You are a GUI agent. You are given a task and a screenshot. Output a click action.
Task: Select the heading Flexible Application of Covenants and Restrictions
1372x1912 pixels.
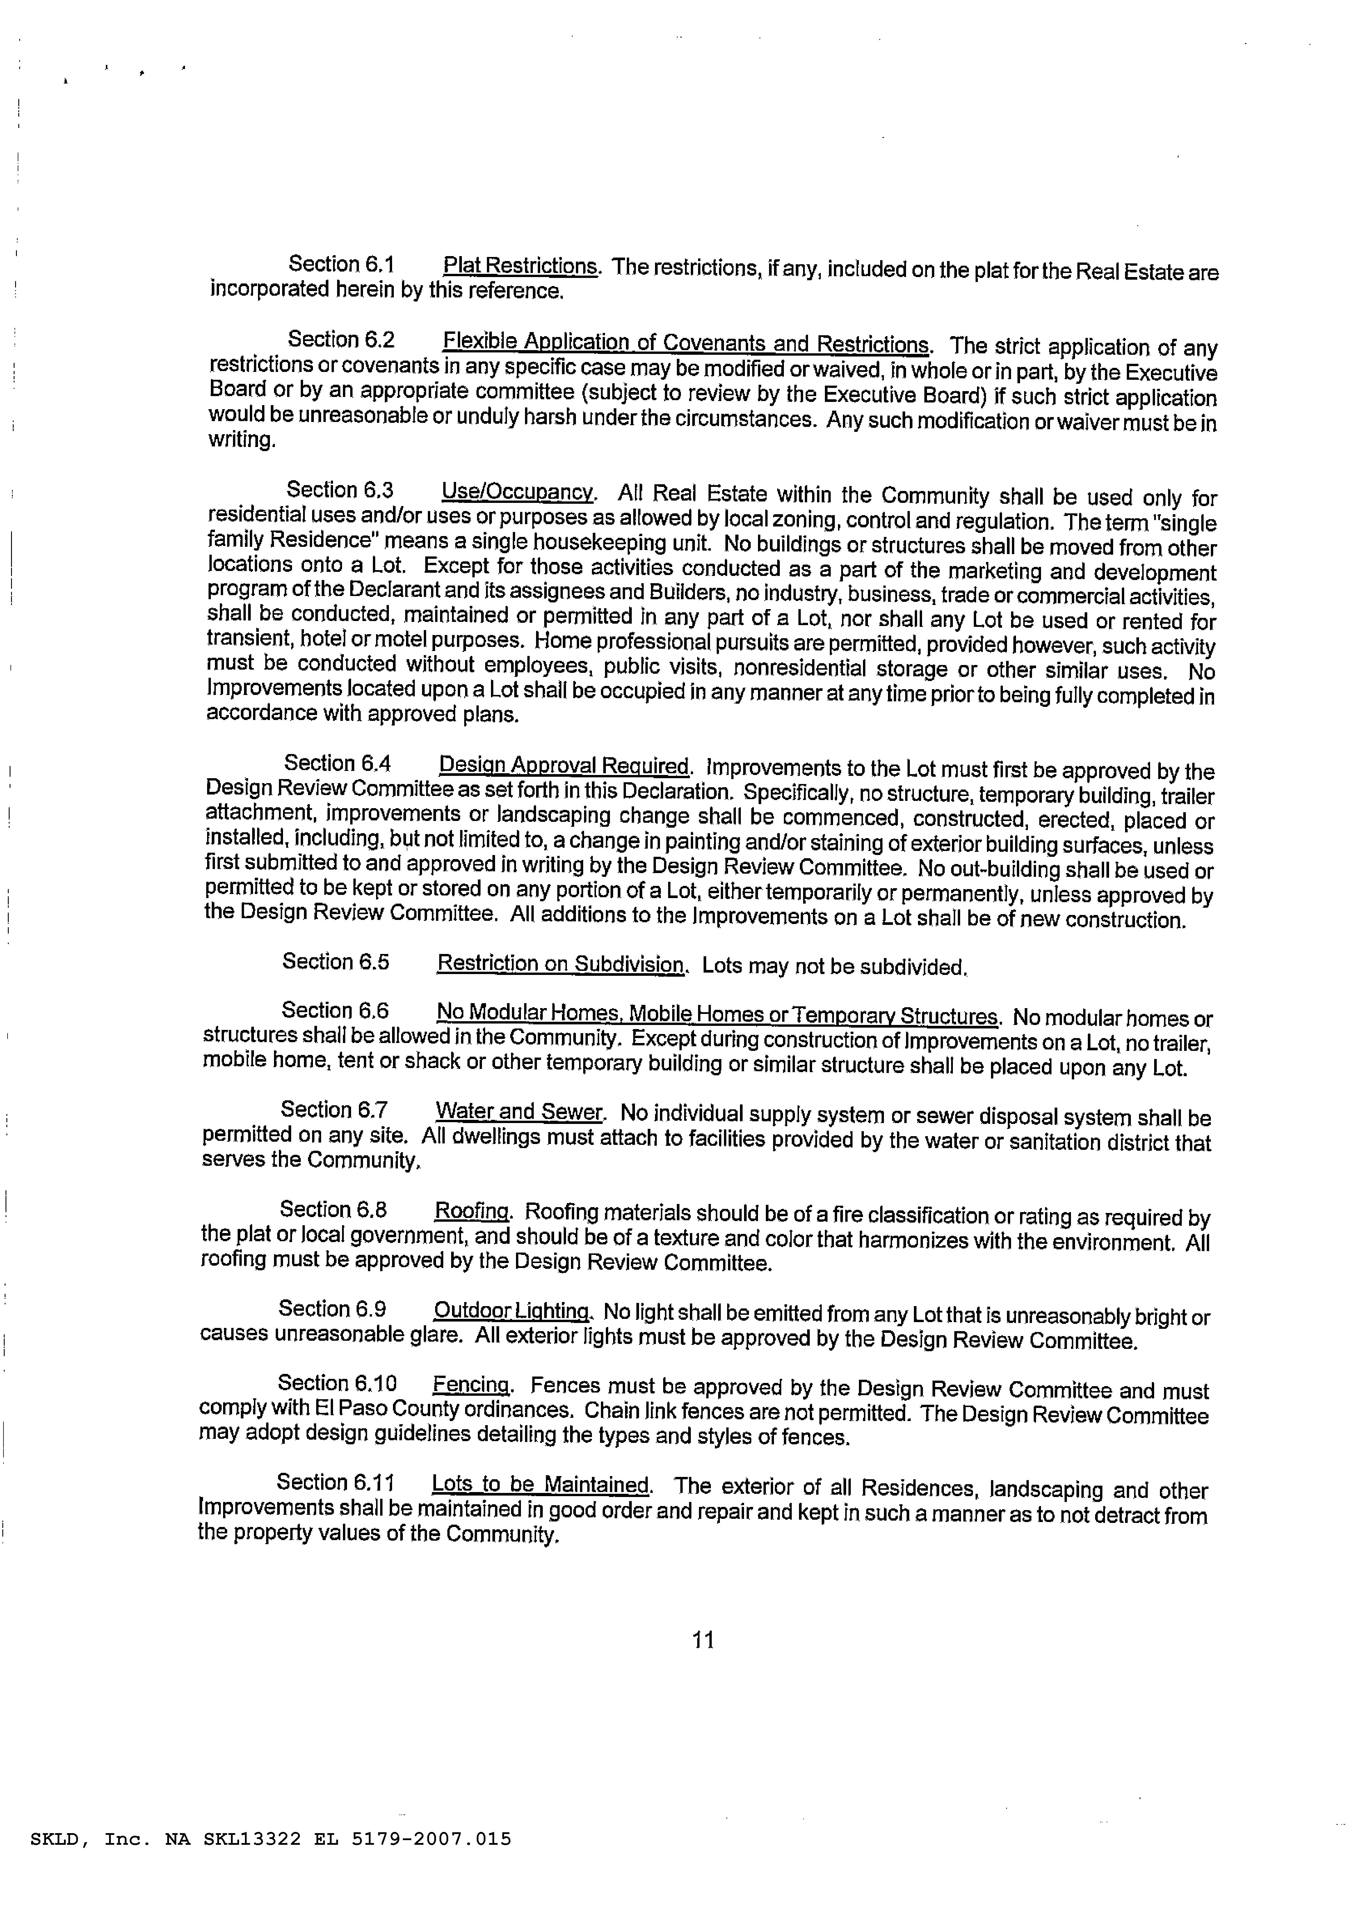tap(685, 343)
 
